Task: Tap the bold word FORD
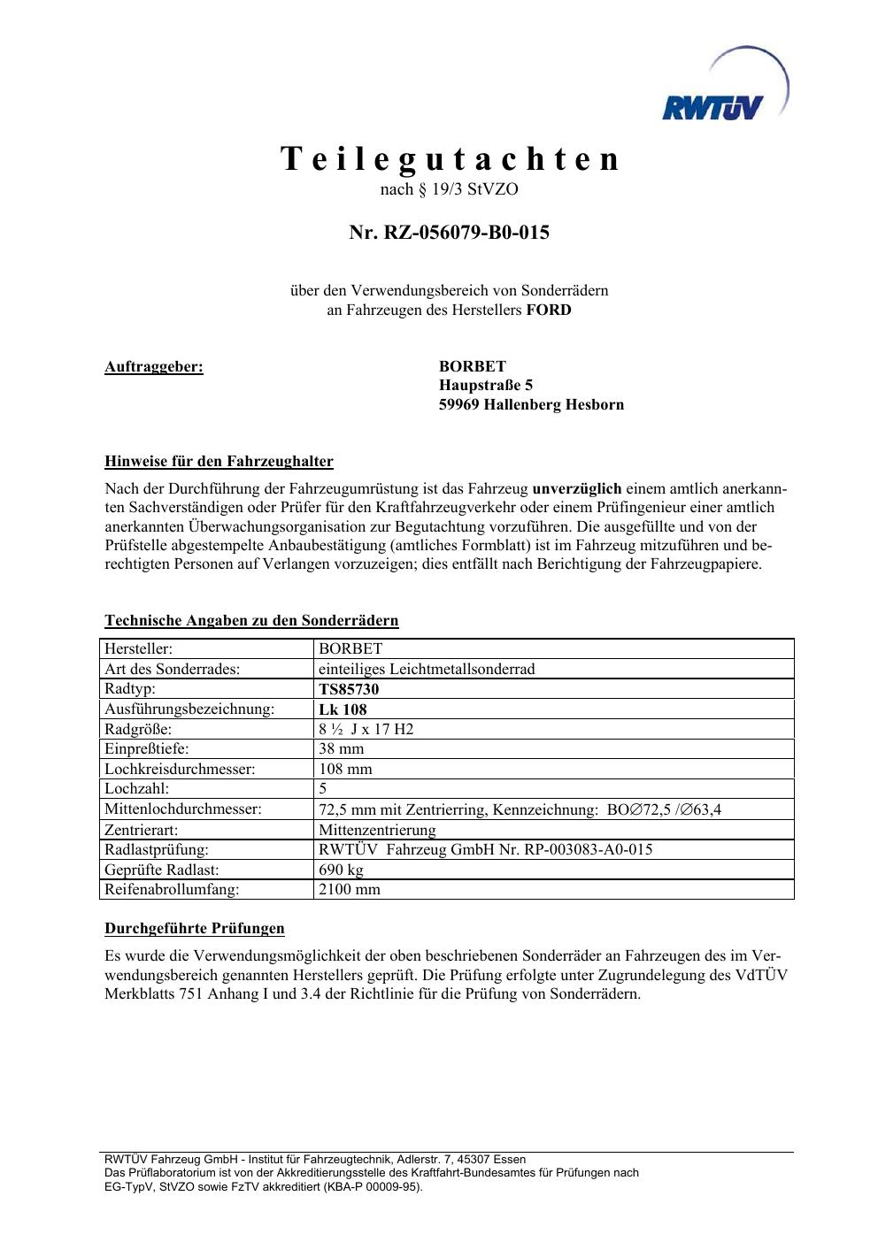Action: point(549,310)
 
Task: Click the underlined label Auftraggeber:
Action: point(154,366)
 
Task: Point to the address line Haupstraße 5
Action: point(486,386)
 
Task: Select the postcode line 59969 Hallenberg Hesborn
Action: point(531,405)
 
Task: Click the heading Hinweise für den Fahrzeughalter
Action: point(219,461)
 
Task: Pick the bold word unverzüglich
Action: point(576,488)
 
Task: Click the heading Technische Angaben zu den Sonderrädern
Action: point(251,620)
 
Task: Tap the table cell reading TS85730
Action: point(349,689)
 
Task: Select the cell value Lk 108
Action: point(343,709)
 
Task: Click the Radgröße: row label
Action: point(138,730)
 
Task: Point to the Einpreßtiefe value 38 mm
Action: point(341,749)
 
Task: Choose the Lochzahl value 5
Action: point(323,788)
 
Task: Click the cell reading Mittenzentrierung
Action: point(377,830)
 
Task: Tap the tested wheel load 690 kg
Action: point(341,870)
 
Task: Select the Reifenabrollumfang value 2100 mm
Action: point(349,890)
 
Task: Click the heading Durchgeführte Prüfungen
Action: point(195,928)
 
